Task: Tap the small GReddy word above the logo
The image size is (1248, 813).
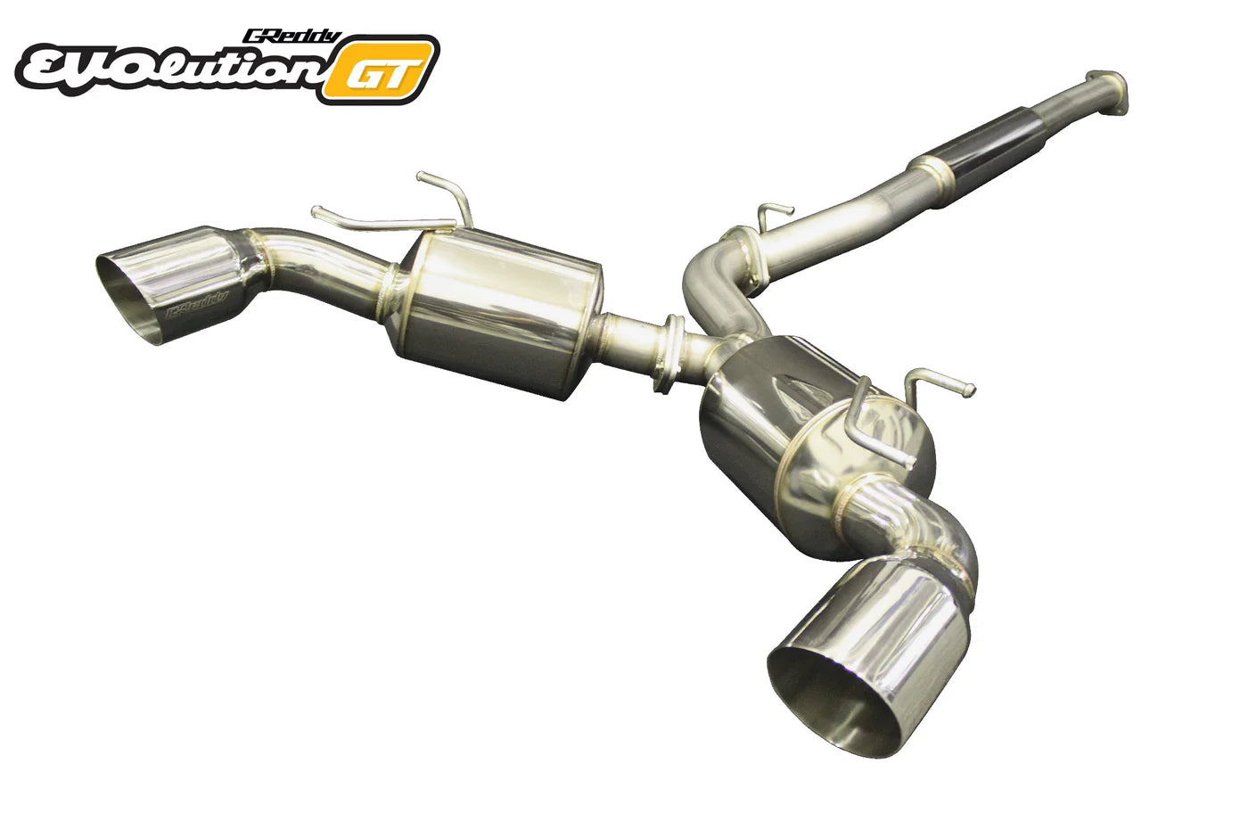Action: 291,37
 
